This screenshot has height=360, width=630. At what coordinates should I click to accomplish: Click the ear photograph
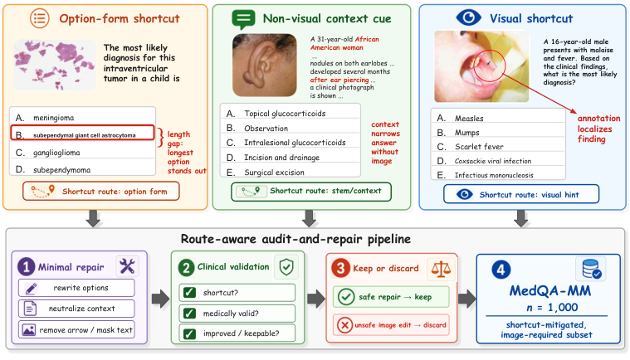click(x=265, y=65)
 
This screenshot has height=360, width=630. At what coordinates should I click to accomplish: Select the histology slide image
click(x=55, y=65)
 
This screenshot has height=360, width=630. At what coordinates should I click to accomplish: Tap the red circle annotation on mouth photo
click(x=489, y=66)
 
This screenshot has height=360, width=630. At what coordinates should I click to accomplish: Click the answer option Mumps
click(x=466, y=133)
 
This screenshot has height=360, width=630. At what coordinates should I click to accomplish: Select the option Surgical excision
click(x=274, y=173)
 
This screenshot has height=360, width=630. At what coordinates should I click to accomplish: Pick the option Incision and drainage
click(x=281, y=158)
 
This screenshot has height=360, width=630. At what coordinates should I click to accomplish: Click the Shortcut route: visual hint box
click(x=521, y=194)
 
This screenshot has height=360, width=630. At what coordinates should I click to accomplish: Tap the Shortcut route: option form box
click(x=100, y=191)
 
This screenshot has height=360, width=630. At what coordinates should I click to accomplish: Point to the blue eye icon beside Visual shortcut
click(x=468, y=17)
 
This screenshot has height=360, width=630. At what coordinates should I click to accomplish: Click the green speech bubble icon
click(x=243, y=19)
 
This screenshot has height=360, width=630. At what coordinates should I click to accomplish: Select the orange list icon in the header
click(x=39, y=18)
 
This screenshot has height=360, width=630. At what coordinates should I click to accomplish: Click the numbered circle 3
click(x=340, y=268)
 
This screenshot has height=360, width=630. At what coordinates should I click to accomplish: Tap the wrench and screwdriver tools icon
click(x=127, y=266)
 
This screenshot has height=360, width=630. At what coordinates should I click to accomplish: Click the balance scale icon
click(x=441, y=268)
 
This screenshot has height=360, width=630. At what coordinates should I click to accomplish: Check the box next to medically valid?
click(x=189, y=313)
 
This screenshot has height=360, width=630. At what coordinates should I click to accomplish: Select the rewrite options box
click(x=76, y=288)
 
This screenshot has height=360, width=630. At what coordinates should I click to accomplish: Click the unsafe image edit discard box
click(x=391, y=324)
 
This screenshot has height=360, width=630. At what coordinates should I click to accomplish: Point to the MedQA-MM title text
click(x=550, y=290)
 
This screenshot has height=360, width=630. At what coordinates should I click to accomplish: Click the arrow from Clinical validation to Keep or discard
click(x=316, y=299)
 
